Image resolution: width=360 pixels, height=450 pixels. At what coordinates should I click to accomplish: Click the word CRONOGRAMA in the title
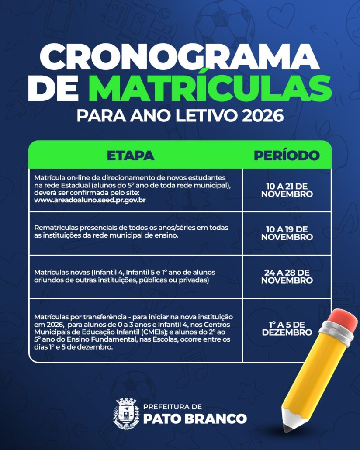[x=180, y=57]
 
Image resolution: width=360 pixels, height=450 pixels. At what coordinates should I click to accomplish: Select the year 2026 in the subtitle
[x=263, y=117]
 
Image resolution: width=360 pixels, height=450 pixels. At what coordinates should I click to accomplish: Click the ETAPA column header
[x=130, y=156]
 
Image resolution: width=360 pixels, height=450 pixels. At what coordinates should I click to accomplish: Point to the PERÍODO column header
[x=287, y=156]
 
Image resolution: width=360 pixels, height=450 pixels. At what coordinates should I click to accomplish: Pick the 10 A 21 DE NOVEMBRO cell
[x=287, y=190]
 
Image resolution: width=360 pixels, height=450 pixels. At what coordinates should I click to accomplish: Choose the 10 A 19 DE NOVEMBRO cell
[x=287, y=233]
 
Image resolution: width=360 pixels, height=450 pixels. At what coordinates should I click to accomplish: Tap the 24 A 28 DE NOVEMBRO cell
[x=287, y=277]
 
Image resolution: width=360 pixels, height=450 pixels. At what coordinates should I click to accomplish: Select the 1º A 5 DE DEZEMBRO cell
[x=287, y=328]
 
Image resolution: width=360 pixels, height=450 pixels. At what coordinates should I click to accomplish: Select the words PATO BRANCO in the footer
[x=194, y=419]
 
